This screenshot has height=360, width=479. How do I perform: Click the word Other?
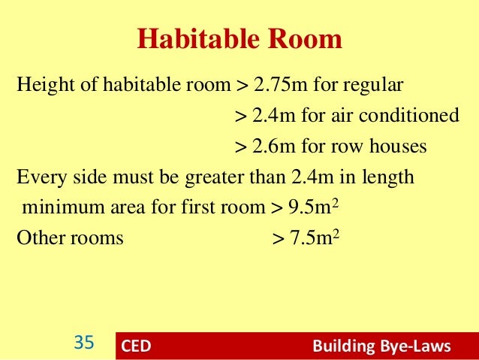[x=38, y=238]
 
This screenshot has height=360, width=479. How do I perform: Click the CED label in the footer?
[x=136, y=346]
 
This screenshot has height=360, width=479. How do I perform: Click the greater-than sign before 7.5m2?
[x=277, y=239]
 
